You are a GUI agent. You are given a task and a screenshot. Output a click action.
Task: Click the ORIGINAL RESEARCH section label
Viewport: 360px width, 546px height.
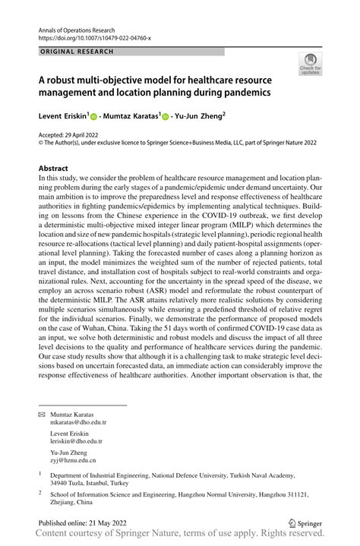[76, 52]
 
